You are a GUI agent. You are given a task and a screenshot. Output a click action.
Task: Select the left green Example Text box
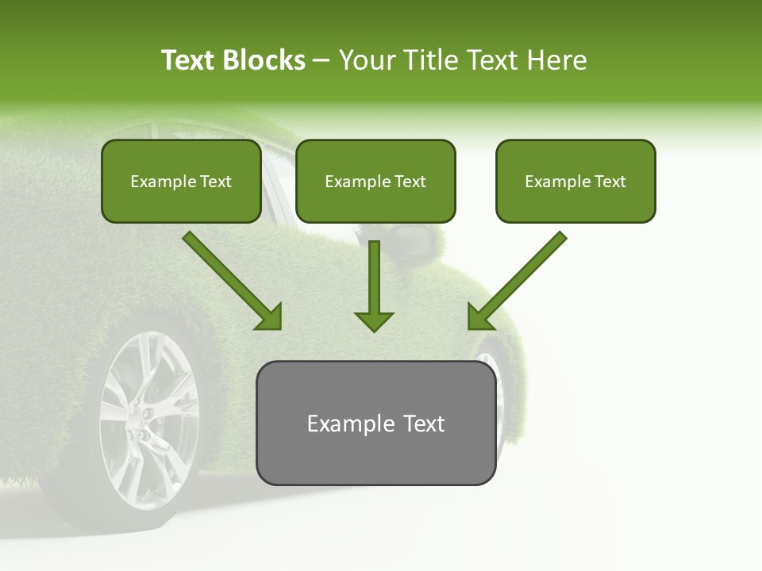click(x=181, y=181)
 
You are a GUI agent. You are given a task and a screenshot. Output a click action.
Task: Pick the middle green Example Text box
click(x=375, y=181)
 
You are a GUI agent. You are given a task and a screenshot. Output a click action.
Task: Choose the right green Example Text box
click(x=575, y=181)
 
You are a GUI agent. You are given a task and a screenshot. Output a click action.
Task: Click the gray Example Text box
click(x=375, y=423)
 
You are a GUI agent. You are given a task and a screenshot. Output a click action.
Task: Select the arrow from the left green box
click(x=230, y=279)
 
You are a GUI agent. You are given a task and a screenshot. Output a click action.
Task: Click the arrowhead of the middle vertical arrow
click(x=374, y=320)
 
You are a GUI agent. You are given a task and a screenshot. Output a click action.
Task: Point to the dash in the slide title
click(x=322, y=60)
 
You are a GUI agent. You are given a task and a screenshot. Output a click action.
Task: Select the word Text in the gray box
click(x=425, y=423)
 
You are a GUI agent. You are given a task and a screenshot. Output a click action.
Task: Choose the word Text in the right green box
click(x=610, y=182)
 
